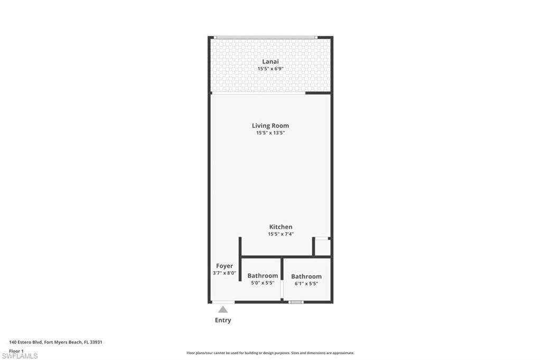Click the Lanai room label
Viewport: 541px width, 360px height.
(270, 62)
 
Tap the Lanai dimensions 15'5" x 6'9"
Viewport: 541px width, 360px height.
(270, 69)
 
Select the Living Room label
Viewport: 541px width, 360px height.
(270, 125)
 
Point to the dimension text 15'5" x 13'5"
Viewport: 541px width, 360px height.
(270, 133)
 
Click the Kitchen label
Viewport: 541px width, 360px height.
(280, 227)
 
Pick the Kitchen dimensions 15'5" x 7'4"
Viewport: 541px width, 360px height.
(280, 234)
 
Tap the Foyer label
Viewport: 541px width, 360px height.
(225, 266)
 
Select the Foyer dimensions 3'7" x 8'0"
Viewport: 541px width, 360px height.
(225, 273)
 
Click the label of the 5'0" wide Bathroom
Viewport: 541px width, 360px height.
(263, 275)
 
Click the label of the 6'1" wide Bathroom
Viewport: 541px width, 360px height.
(306, 276)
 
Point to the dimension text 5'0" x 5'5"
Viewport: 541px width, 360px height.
(263, 283)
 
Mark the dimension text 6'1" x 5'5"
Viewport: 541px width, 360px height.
(306, 284)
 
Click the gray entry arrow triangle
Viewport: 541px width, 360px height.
(223, 309)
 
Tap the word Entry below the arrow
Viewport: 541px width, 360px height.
(223, 320)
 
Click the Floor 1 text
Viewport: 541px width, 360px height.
(16, 350)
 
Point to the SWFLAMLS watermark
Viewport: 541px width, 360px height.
(20, 356)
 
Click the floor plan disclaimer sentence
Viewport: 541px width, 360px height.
(270, 353)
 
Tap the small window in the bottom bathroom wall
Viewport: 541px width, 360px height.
(296, 302)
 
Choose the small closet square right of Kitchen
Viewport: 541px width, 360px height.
(322, 247)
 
